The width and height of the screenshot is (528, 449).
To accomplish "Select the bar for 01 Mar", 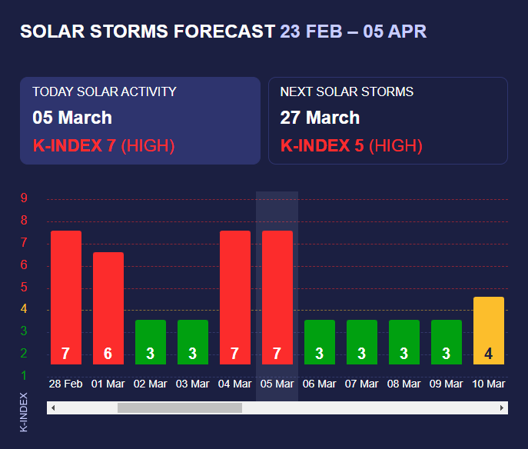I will (x=108, y=308).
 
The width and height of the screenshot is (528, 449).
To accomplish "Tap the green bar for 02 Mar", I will (x=151, y=341).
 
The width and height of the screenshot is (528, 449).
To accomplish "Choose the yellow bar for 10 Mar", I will (x=489, y=330).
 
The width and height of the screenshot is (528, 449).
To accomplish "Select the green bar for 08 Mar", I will (x=404, y=341).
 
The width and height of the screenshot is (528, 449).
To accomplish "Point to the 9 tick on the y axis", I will (x=25, y=198).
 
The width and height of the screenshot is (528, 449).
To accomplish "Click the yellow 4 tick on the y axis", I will (x=25, y=309).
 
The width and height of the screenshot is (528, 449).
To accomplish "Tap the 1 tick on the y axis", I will (x=25, y=375).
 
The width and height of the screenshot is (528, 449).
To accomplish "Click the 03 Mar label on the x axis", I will (x=193, y=384).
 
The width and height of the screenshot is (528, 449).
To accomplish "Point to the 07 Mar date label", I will (x=362, y=384).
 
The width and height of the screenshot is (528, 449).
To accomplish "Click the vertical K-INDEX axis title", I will (x=24, y=411).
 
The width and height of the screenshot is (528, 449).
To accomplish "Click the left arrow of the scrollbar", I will (x=53, y=407).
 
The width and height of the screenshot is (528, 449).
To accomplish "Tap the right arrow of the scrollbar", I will (x=502, y=407).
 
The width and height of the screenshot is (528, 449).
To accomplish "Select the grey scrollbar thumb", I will (x=179, y=407).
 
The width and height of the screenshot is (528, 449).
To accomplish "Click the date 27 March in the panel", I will (x=320, y=118).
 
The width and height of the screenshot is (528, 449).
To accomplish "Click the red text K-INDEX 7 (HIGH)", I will (x=104, y=145).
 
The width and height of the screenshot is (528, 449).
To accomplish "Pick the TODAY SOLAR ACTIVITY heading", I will (x=105, y=91).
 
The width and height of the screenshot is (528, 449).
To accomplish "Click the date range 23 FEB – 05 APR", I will (x=353, y=32).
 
